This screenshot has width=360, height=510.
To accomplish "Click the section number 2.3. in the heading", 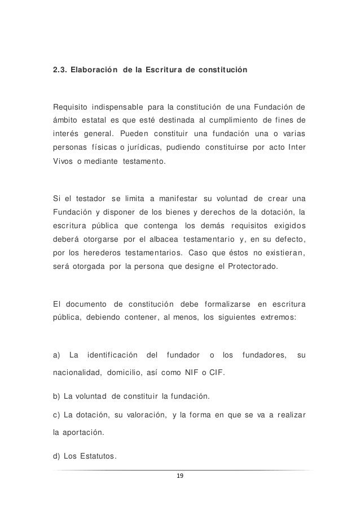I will click(61, 71).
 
